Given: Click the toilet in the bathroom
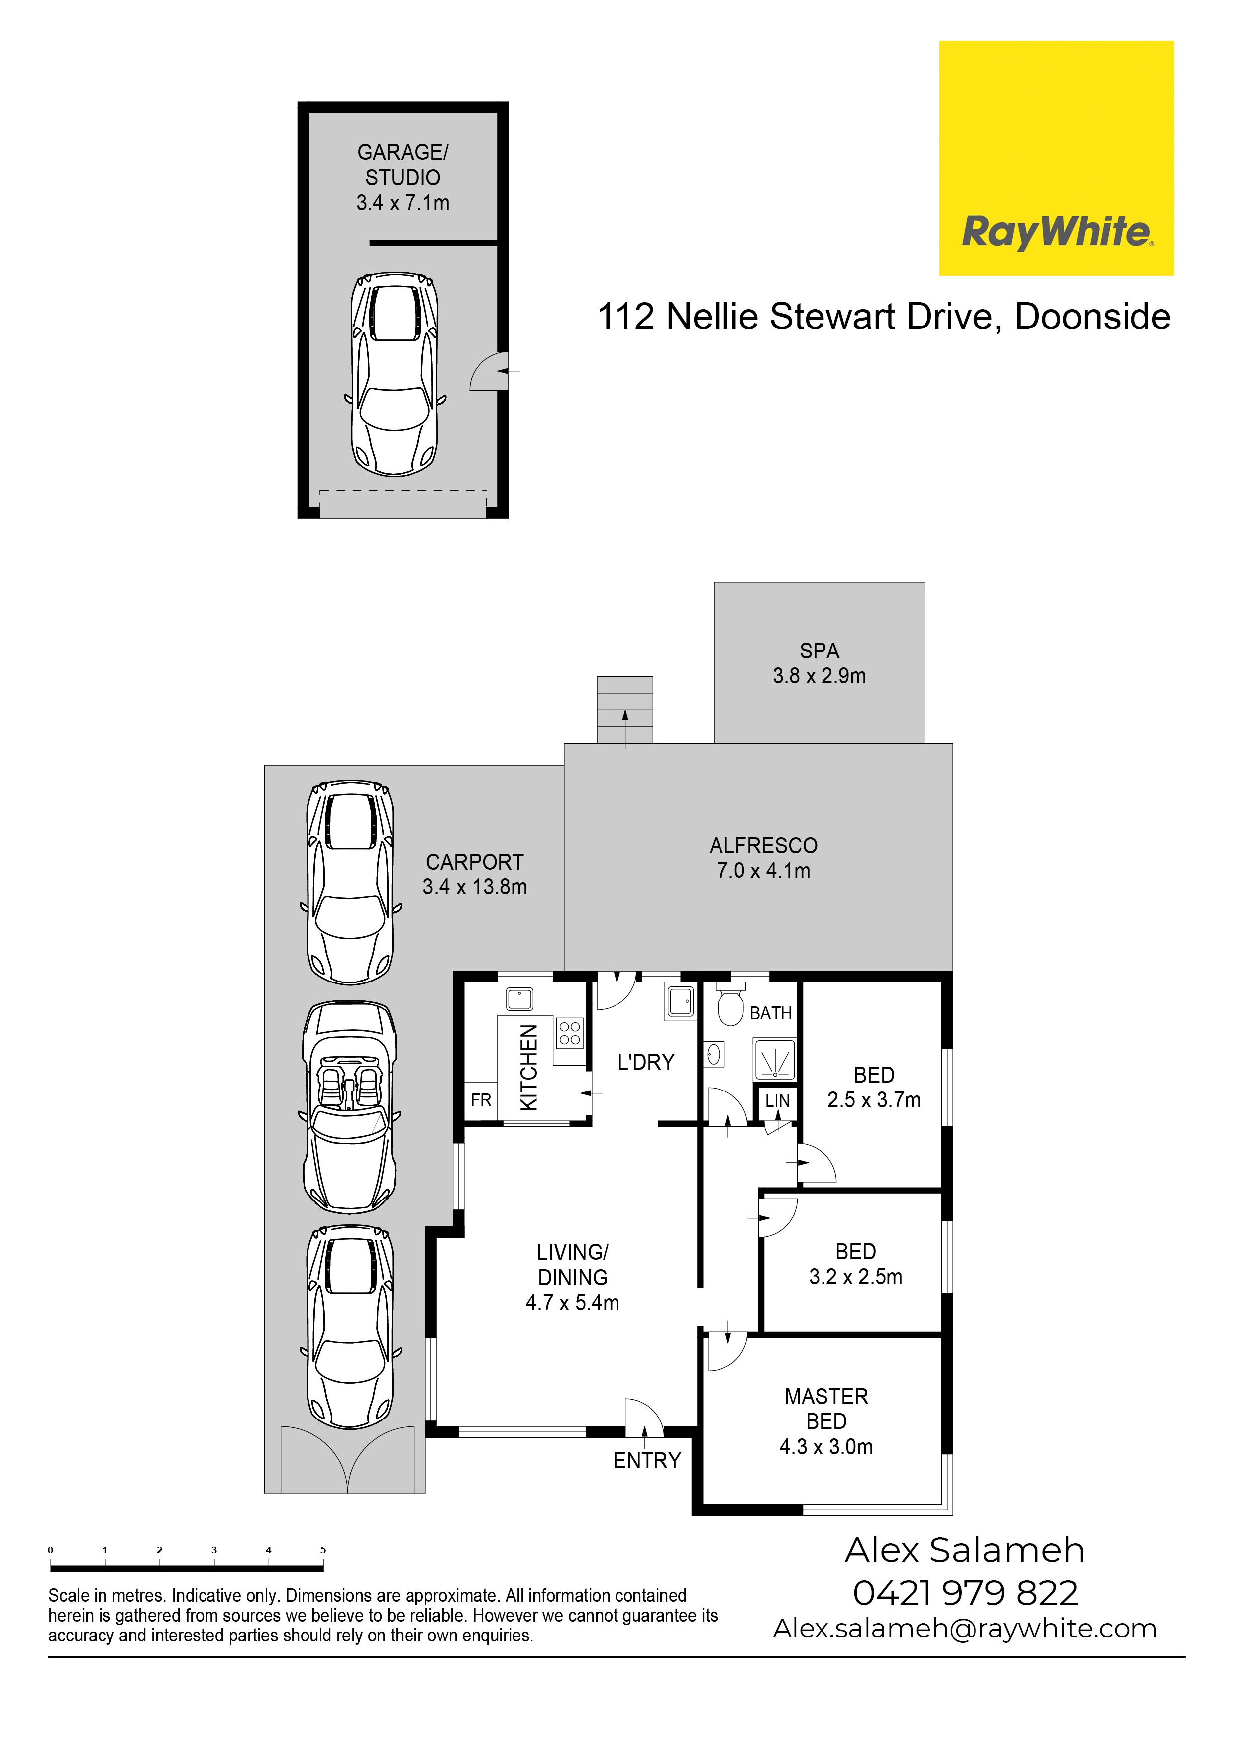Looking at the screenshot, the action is click(730, 1004).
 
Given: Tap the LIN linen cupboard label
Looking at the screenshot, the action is click(777, 1100).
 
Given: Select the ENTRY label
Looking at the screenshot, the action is click(647, 1460).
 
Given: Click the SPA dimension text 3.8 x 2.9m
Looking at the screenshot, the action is click(819, 675).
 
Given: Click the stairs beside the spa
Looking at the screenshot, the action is click(625, 710).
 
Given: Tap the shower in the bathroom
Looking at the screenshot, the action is click(774, 1059).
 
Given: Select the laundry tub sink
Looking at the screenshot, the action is click(680, 1001).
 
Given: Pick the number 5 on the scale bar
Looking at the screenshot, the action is click(323, 1550).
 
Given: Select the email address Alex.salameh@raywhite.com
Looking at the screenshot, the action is click(965, 1628).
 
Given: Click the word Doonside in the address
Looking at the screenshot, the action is click(1093, 317).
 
